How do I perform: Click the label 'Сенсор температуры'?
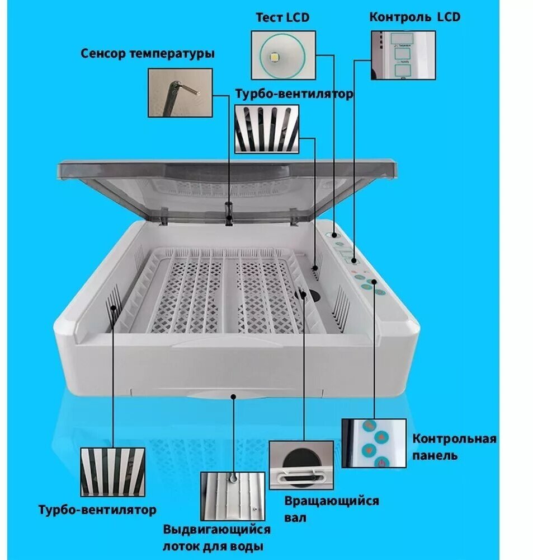[x=148, y=54]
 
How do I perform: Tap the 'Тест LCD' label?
[x=282, y=17]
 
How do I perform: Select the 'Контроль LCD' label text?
[x=414, y=17]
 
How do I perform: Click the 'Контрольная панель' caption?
[x=454, y=446]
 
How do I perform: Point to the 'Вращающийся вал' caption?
[x=331, y=508]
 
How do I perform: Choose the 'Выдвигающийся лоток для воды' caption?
[x=216, y=538]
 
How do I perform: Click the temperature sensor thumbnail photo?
[x=180, y=92]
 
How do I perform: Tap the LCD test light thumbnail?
[x=283, y=54]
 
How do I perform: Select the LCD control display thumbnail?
[x=403, y=55]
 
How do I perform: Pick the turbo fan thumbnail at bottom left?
[x=112, y=472]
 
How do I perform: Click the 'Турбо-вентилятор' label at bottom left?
[x=97, y=510]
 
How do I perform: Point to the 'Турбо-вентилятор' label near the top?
[x=294, y=94]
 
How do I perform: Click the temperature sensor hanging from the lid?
[x=228, y=213]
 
